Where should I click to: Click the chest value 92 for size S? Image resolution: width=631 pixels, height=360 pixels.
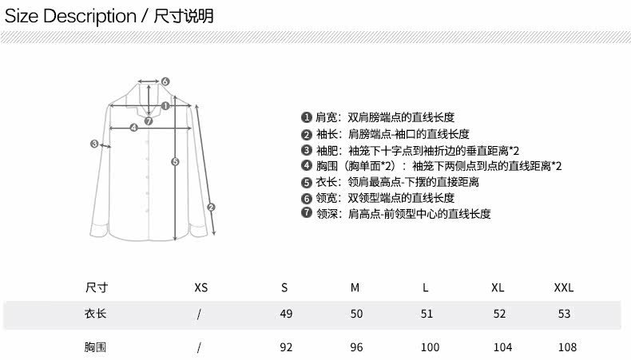[x=286, y=347]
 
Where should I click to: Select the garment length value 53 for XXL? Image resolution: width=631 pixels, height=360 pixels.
[x=564, y=314]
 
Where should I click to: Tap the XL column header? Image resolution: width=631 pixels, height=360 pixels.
[x=498, y=287]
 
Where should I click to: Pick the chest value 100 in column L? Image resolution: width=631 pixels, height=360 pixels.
[x=430, y=347]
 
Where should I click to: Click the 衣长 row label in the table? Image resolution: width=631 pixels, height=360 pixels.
[x=96, y=314]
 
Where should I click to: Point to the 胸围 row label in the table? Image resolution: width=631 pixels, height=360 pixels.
[x=96, y=347]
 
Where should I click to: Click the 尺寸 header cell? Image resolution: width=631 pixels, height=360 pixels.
[x=96, y=287]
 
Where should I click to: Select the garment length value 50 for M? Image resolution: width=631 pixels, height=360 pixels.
[x=356, y=314]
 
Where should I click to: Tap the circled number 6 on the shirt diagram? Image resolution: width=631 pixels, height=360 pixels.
[x=165, y=81]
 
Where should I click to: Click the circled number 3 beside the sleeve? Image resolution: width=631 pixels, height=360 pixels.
[x=94, y=144]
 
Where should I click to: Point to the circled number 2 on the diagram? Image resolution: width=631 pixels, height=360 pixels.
[x=211, y=208]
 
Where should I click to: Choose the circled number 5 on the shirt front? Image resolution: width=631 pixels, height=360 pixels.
[x=176, y=162]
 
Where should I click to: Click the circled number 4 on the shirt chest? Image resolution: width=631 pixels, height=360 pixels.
[x=133, y=127]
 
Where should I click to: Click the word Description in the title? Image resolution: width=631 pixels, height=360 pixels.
[x=89, y=15]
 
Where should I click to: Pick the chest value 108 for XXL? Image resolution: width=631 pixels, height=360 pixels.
[x=566, y=347]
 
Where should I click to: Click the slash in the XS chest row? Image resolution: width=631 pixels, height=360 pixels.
[x=199, y=347]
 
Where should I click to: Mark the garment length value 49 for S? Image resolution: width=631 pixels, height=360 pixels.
[x=286, y=314]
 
